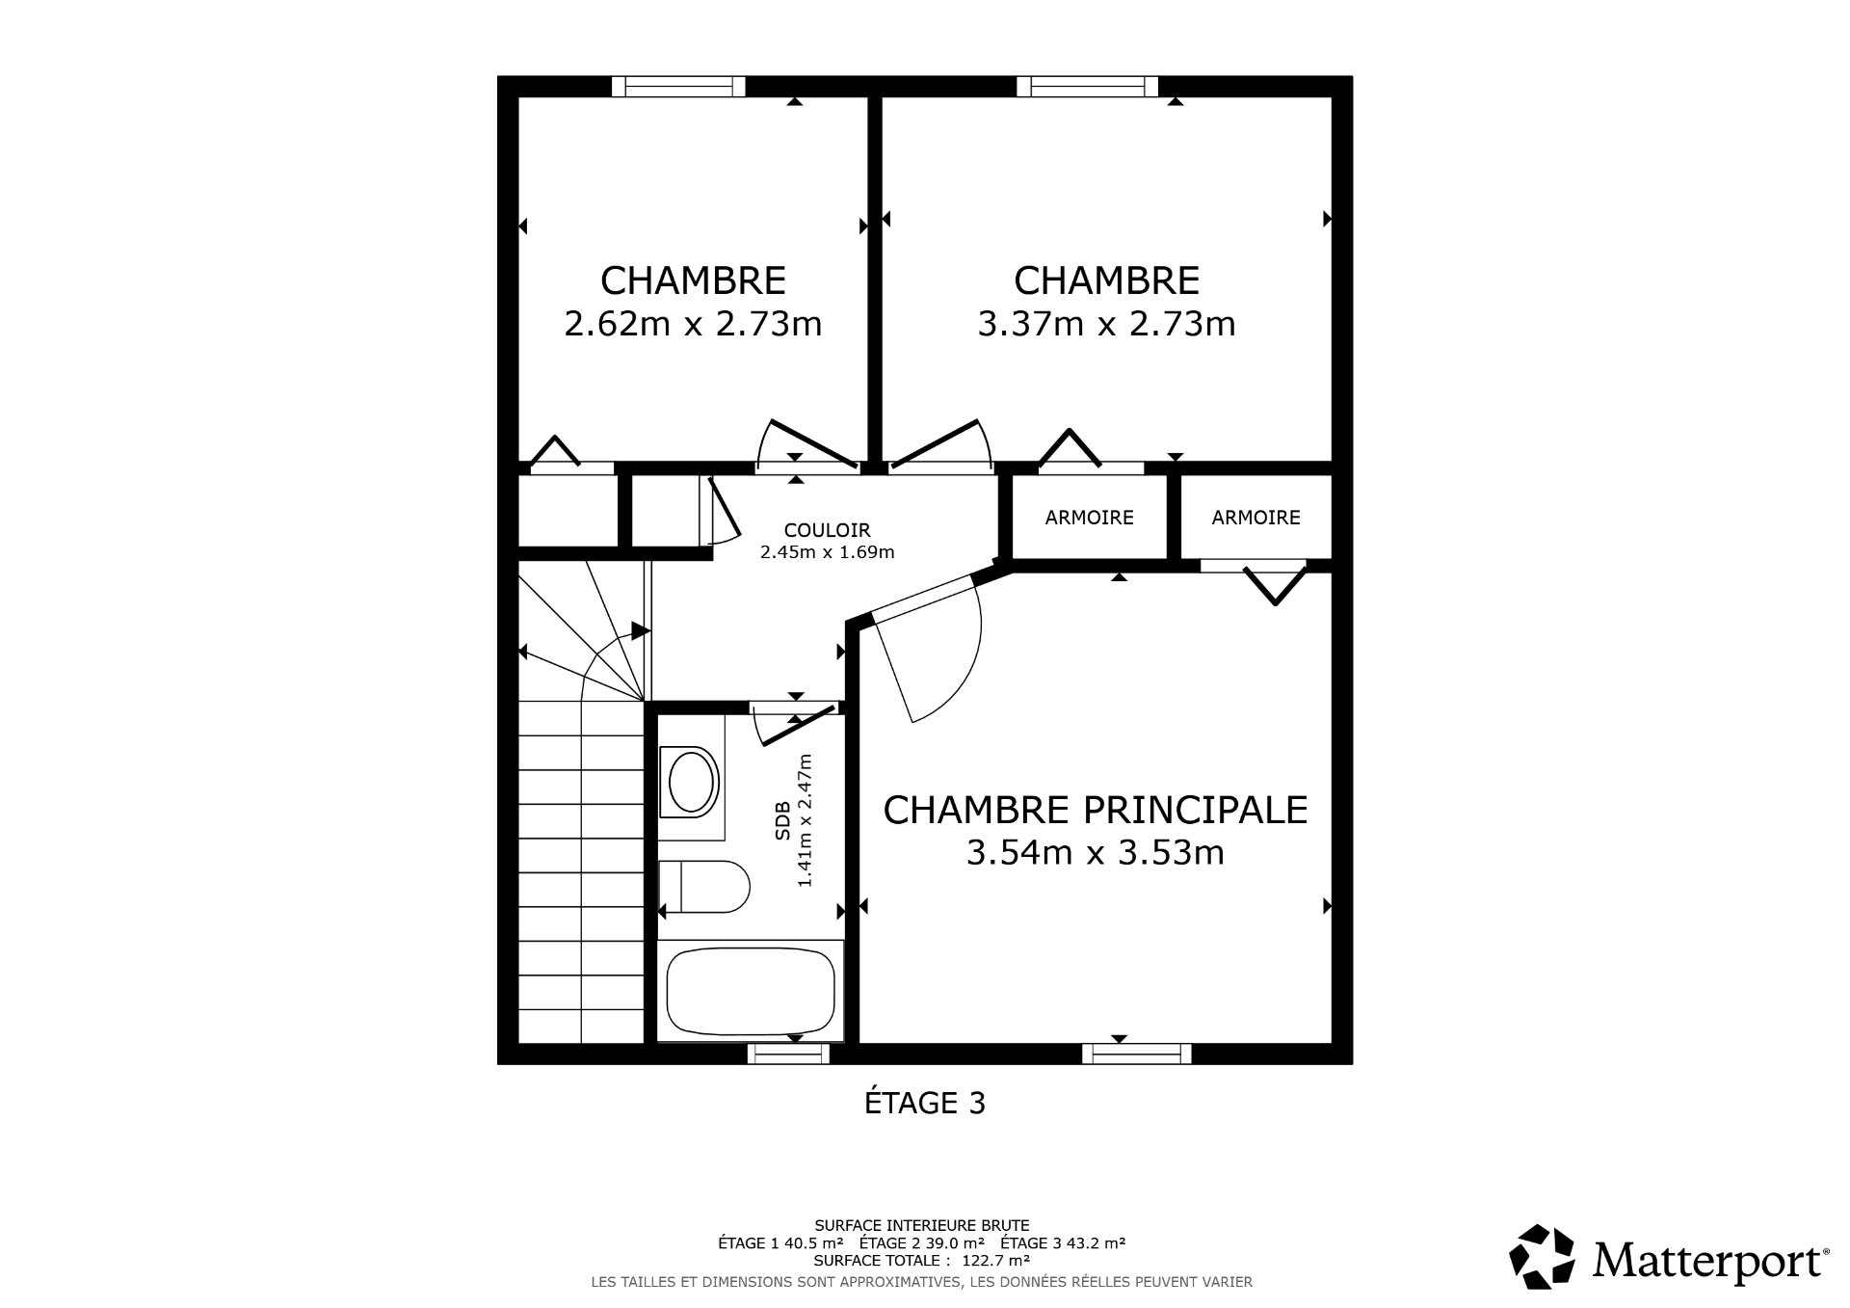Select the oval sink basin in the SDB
click(x=693, y=782)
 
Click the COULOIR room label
click(x=827, y=530)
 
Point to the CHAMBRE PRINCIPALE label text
click(x=1096, y=811)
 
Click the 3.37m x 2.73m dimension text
click(x=1106, y=324)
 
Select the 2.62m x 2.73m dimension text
click(x=693, y=324)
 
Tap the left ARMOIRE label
click(x=1089, y=518)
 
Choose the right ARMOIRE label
click(x=1255, y=518)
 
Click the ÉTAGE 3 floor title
click(x=924, y=1103)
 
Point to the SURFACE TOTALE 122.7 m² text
click(x=922, y=1260)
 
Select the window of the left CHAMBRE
click(x=679, y=87)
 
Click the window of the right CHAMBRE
click(x=1087, y=87)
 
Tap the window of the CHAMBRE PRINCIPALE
click(x=1137, y=1054)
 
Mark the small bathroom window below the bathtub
click(x=788, y=1054)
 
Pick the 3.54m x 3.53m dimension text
click(x=1096, y=853)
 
